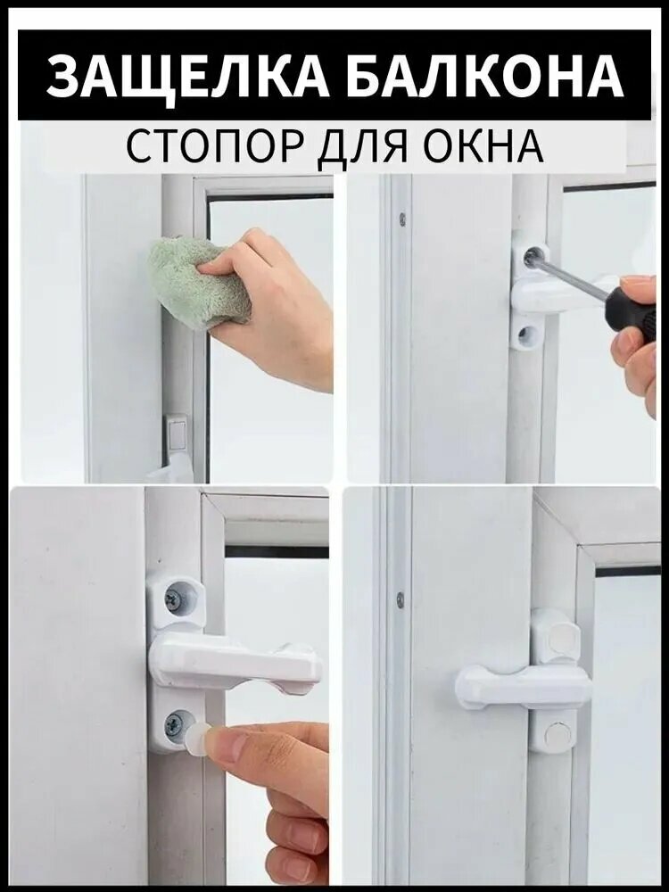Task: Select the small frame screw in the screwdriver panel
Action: pos(402,219)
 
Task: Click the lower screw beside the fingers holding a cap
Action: pos(175,724)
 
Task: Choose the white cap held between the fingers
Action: pos(199,739)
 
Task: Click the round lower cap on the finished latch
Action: pos(556,737)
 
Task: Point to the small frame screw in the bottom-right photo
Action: pos(399,599)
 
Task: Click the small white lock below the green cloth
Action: pos(177,436)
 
